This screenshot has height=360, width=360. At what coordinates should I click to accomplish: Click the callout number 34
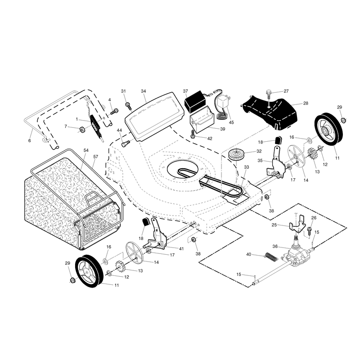(143, 91)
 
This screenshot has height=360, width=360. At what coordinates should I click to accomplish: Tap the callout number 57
(95, 157)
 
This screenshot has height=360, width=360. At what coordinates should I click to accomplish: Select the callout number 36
(275, 246)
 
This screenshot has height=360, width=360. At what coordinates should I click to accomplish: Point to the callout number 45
(231, 122)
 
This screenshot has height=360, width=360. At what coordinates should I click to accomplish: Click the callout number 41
(181, 249)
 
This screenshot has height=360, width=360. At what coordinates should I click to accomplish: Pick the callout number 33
(246, 167)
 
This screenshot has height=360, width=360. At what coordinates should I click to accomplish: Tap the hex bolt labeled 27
(269, 96)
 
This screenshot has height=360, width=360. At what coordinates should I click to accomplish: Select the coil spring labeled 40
(271, 257)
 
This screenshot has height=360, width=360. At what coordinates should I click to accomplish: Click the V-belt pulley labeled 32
(236, 154)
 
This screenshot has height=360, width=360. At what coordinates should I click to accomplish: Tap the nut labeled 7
(82, 130)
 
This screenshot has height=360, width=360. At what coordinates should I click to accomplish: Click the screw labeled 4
(114, 112)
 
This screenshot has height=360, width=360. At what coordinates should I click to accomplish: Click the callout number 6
(29, 140)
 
